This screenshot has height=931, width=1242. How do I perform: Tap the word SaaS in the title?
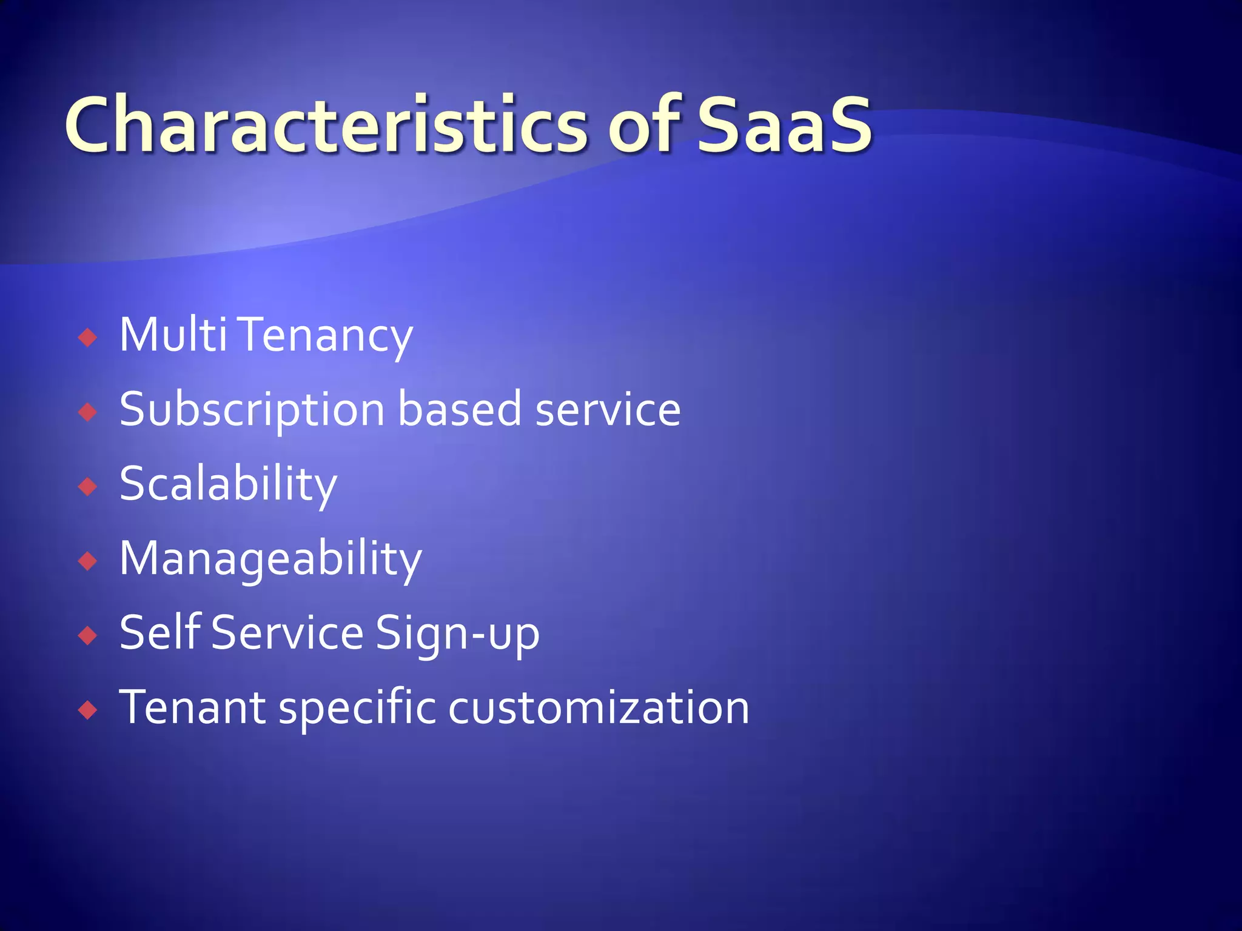tap(784, 125)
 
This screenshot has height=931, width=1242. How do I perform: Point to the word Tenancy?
tap(327, 336)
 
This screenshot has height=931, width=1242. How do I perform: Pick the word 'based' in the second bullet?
tap(459, 409)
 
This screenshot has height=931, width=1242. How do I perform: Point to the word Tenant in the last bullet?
tap(192, 707)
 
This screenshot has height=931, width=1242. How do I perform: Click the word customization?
tap(599, 707)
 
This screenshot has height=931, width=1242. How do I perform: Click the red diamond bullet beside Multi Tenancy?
tap(88, 337)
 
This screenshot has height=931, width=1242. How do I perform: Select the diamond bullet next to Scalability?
tap(88, 486)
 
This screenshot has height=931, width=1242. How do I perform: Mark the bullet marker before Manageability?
tap(88, 561)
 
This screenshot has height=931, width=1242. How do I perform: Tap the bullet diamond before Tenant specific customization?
tap(88, 710)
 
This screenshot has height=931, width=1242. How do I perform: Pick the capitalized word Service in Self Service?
tap(287, 632)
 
